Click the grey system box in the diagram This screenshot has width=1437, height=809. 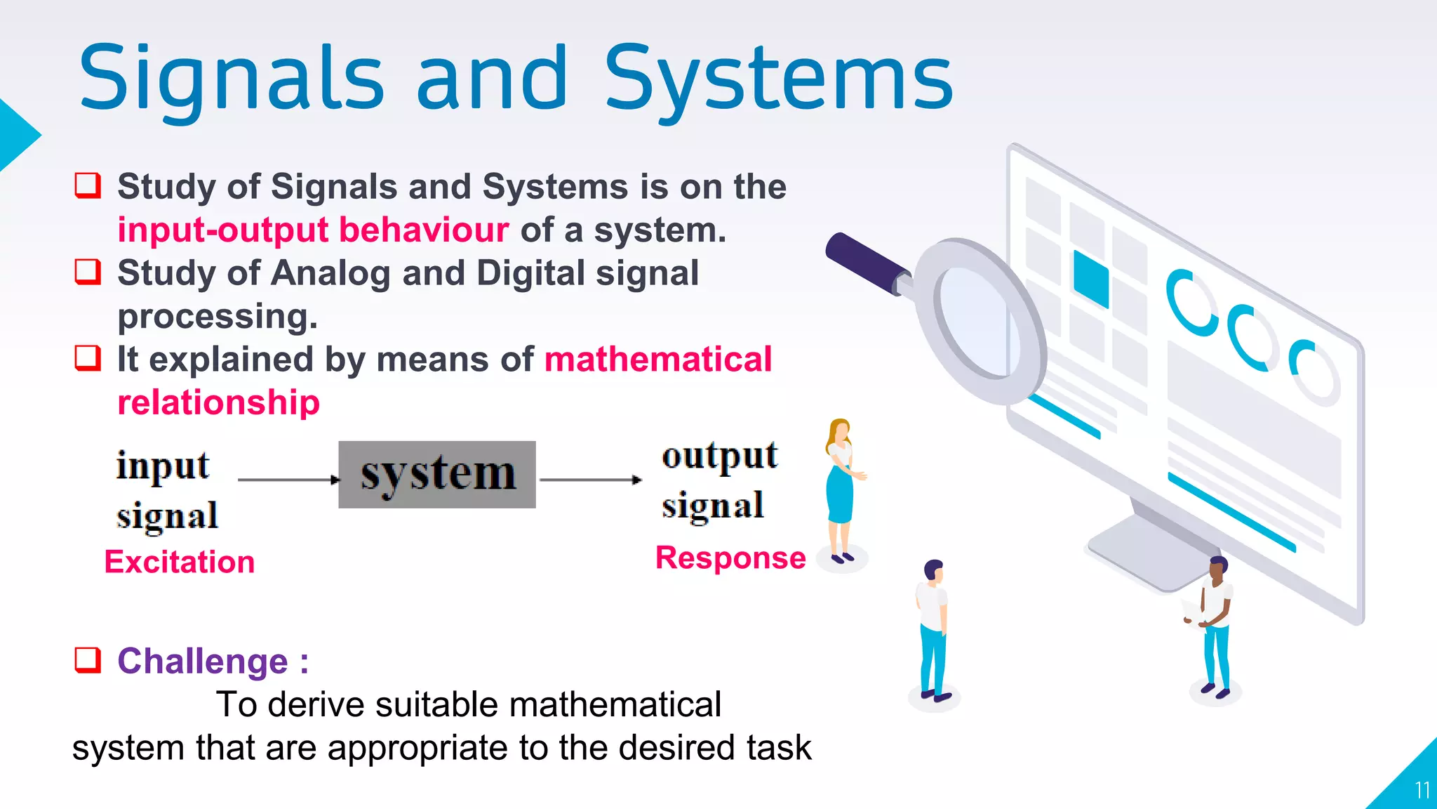437,475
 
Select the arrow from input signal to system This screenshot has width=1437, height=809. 288,480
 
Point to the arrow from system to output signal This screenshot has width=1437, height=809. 590,480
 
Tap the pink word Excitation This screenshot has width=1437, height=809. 180,562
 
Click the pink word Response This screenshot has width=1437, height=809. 730,558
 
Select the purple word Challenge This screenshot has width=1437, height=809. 203,661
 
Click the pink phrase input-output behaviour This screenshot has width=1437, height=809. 313,230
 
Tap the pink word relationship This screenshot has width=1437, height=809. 218,402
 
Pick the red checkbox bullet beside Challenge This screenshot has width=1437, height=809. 88,660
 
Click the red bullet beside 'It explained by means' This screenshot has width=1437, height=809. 88,358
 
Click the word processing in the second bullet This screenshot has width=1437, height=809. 218,317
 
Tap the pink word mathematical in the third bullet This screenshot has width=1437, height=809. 658,360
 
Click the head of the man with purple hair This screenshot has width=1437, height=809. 933,570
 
